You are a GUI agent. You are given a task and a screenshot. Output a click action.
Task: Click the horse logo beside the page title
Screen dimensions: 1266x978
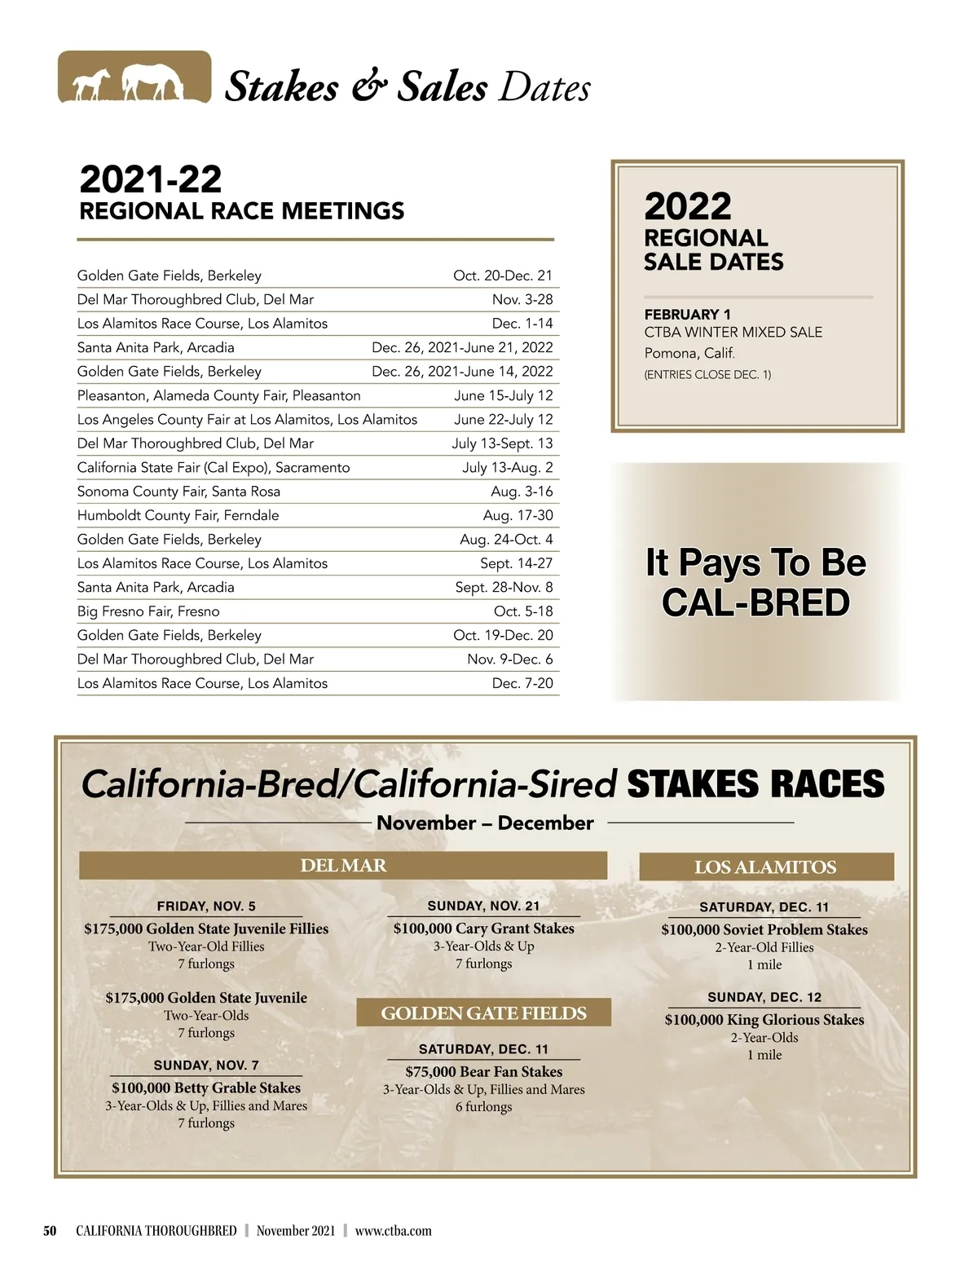[134, 77]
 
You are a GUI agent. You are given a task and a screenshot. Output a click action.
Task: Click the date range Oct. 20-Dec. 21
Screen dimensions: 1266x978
[502, 276]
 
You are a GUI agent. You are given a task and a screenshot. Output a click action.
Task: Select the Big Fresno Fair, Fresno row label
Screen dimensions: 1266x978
[148, 611]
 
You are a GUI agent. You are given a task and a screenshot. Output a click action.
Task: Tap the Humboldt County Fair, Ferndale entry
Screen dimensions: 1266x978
[178, 515]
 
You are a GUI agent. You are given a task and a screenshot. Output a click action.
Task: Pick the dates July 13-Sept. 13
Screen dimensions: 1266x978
[502, 443]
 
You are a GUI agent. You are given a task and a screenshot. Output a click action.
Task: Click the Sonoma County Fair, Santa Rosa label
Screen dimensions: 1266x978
[178, 492]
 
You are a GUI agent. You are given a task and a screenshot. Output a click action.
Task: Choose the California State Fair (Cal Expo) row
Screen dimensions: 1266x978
[214, 468]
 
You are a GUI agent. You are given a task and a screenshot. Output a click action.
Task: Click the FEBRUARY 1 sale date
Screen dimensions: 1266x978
[687, 315]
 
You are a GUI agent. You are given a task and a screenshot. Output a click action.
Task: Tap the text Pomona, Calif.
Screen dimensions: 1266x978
[689, 353]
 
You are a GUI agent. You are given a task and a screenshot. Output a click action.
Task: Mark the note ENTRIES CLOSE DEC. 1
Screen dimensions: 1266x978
[707, 375]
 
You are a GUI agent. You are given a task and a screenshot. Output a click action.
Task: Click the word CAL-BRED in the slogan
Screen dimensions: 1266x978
[756, 603]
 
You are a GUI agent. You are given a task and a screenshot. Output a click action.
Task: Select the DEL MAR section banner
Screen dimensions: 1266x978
[343, 866]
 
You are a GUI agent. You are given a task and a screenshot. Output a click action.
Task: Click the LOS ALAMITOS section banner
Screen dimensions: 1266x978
[765, 867]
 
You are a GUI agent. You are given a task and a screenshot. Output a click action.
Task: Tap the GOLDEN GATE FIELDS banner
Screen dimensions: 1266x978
[483, 1013]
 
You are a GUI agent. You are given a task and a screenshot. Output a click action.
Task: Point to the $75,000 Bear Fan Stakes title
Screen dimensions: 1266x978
[484, 1072]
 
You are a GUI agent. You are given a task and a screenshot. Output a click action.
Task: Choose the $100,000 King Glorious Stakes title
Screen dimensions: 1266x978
[764, 1020]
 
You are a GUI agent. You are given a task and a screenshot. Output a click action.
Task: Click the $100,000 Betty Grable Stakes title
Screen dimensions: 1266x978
[206, 1088]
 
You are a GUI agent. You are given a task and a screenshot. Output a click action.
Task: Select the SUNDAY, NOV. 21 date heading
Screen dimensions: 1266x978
[483, 906]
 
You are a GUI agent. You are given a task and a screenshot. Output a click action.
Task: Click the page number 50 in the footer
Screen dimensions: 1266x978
[50, 1231]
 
